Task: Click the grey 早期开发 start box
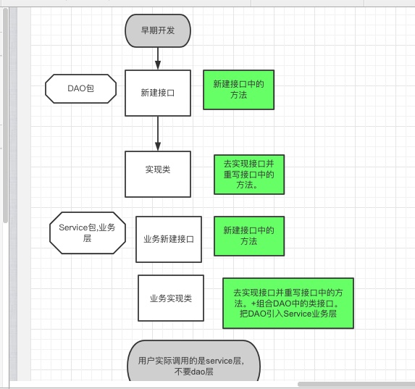[x=156, y=30]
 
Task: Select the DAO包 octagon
[x=81, y=89]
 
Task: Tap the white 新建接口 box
[x=157, y=93]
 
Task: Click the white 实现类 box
[x=157, y=174]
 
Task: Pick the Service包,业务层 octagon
[x=87, y=233]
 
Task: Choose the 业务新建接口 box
[x=168, y=239]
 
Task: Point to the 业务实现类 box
[x=170, y=298]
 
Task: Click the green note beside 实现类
[x=249, y=175]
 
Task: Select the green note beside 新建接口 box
[x=238, y=90]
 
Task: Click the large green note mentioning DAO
[x=288, y=304]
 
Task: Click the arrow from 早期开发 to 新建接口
[x=157, y=57]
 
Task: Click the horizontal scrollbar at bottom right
[x=355, y=384]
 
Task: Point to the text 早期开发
[x=156, y=30]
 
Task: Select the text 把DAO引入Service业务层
[x=288, y=316]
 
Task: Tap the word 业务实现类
[x=170, y=298]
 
